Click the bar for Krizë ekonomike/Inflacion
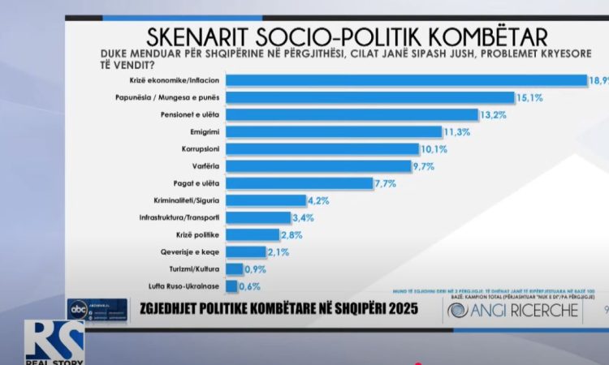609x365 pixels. [406, 80]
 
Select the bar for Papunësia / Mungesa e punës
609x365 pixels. [369, 97]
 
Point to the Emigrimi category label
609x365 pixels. [206, 131]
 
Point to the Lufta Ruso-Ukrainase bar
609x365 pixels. [231, 286]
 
